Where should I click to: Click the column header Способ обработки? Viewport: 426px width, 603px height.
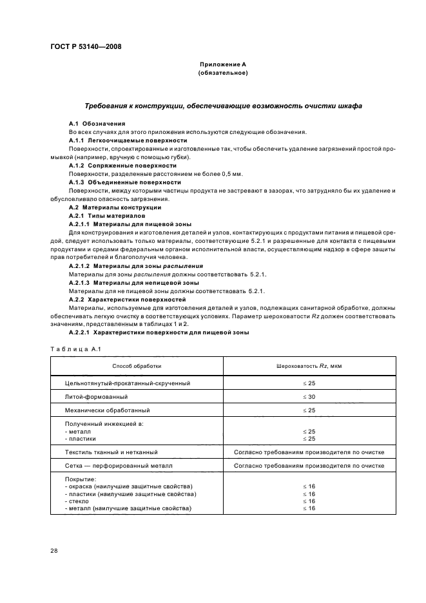pyautogui.click(x=137, y=366)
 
